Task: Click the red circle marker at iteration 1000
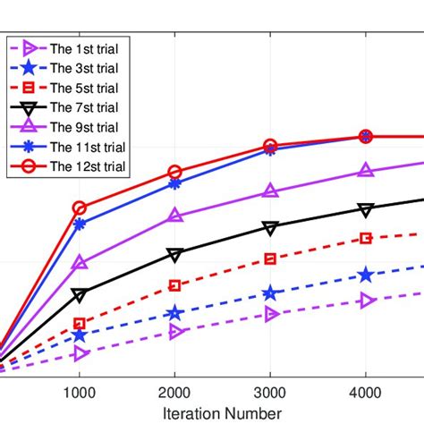click(x=80, y=208)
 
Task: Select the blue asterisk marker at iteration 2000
click(x=175, y=184)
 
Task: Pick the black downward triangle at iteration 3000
click(x=270, y=228)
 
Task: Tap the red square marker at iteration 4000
click(x=365, y=238)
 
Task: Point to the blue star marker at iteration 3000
click(x=270, y=293)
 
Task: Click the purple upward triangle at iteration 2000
click(x=175, y=216)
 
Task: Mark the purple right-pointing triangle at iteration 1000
click(x=81, y=354)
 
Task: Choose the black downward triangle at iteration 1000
click(x=80, y=294)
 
